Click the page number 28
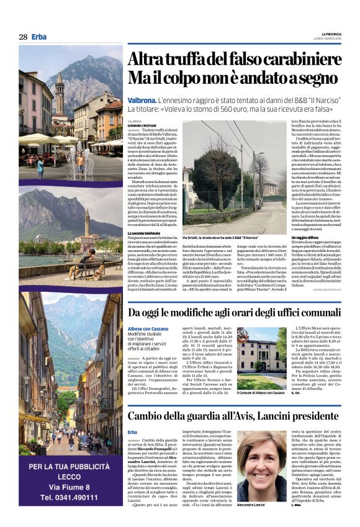pos(23,37)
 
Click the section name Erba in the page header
pos(38,37)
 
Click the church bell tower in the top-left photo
pos(60,93)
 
